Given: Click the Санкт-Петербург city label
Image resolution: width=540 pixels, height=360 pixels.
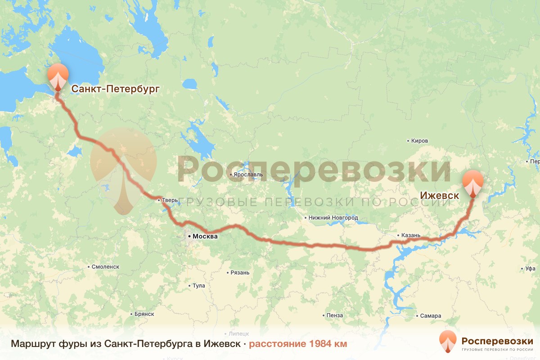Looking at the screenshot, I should point(115,89).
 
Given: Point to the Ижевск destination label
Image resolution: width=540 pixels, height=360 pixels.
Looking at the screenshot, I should point(440,196).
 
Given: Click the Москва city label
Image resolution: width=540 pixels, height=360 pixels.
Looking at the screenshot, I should point(205,236).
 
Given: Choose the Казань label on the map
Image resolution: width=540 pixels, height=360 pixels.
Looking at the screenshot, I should point(411,235).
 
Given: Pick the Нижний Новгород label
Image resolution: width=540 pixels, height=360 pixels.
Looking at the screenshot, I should point(334,218).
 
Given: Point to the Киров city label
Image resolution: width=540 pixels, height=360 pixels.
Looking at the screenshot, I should point(419,141).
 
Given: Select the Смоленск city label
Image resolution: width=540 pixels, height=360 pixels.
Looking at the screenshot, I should point(105,266).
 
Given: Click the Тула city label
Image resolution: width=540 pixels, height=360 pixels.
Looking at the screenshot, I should point(198,286).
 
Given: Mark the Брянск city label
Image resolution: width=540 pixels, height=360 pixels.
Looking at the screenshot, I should point(144,314).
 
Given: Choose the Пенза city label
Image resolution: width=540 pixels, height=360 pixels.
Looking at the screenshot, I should point(335,315).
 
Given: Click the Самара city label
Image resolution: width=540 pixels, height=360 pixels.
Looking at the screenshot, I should point(431,316).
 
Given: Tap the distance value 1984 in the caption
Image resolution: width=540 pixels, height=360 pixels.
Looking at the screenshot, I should point(319,344).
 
